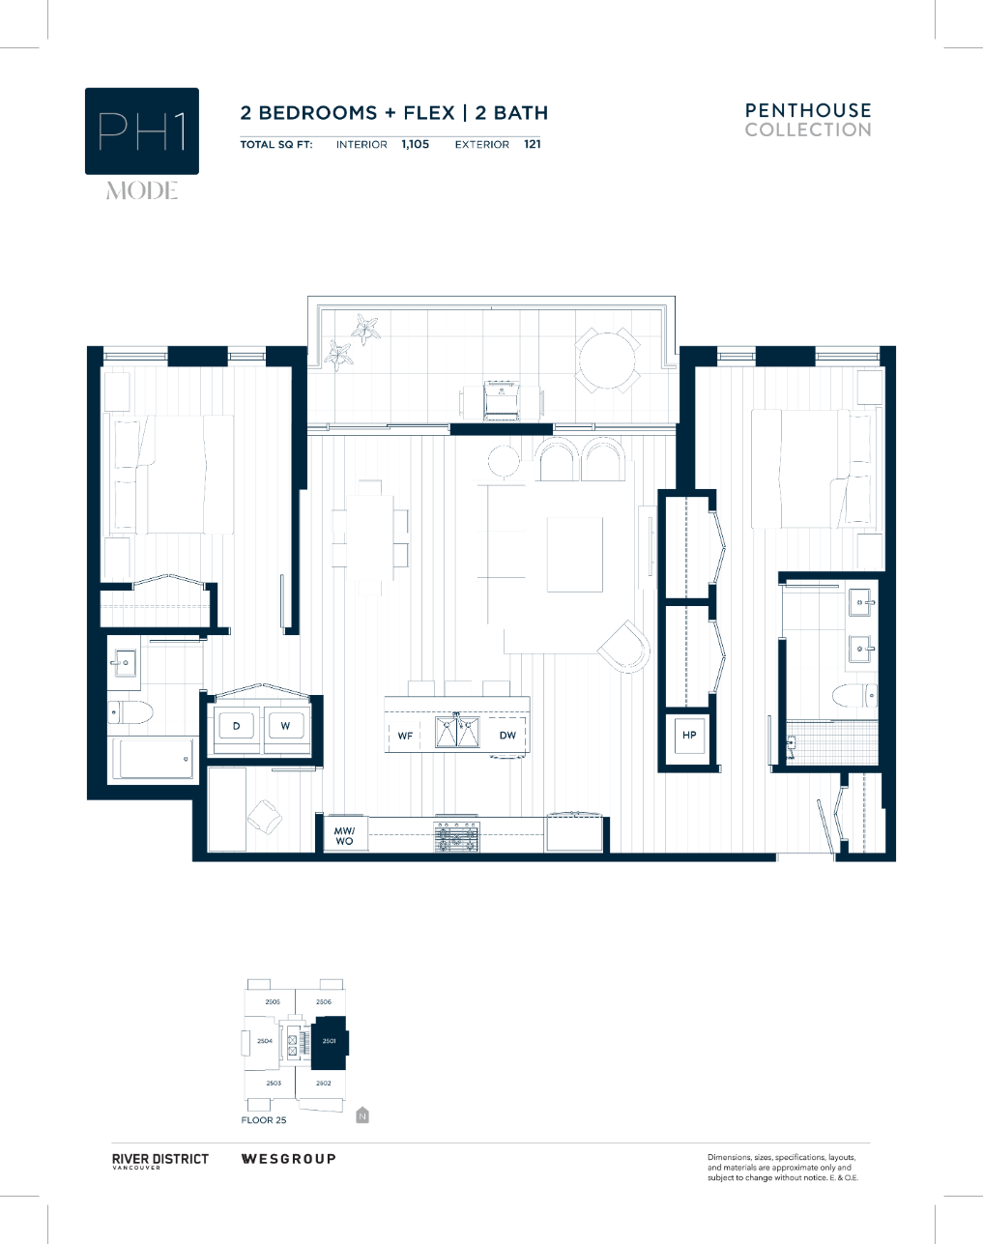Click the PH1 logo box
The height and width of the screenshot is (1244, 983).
click(142, 131)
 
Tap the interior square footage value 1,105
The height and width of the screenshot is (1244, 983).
click(416, 144)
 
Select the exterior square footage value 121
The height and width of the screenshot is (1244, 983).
click(533, 144)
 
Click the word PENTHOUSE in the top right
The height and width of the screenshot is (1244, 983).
click(808, 110)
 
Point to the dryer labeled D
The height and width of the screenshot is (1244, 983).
click(237, 726)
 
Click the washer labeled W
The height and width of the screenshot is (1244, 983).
click(286, 726)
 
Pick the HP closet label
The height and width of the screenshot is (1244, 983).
click(689, 736)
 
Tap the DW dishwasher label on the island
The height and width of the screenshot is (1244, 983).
click(507, 736)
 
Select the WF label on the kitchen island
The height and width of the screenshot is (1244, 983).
click(405, 736)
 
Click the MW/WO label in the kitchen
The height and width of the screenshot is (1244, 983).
click(344, 835)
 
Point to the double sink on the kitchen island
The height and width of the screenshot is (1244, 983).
click(457, 732)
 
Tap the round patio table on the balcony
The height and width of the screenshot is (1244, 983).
click(607, 360)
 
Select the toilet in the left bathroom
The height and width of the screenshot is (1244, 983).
click(131, 713)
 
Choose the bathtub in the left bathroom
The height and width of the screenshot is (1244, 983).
click(155, 758)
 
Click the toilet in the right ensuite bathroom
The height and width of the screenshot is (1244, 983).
click(854, 695)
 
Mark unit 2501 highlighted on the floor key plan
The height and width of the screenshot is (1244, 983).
click(329, 1041)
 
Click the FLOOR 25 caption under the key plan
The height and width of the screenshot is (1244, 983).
click(264, 1120)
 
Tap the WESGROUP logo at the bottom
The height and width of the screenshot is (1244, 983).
click(288, 1158)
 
